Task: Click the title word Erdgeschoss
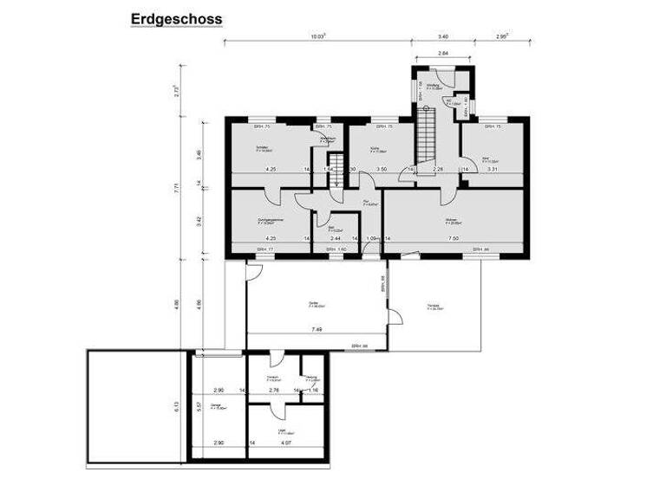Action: click(176, 18)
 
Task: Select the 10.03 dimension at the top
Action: click(318, 36)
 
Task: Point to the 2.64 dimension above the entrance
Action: click(442, 54)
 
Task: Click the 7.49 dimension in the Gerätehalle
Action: click(317, 330)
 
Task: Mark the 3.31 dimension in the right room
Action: click(493, 169)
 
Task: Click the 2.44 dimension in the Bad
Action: click(336, 237)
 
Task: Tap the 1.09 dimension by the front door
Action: click(372, 237)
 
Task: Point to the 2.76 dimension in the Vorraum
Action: click(274, 391)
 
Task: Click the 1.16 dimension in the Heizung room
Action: click(313, 391)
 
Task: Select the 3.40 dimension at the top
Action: click(443, 36)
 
